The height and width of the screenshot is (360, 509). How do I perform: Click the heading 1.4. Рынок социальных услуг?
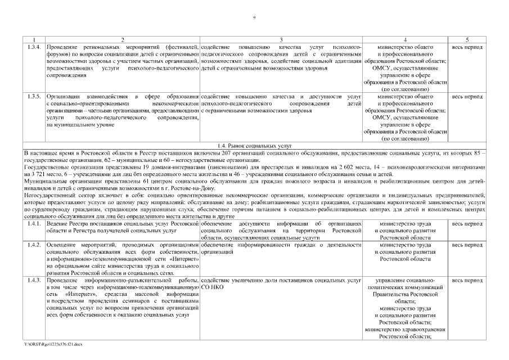[254, 145]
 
